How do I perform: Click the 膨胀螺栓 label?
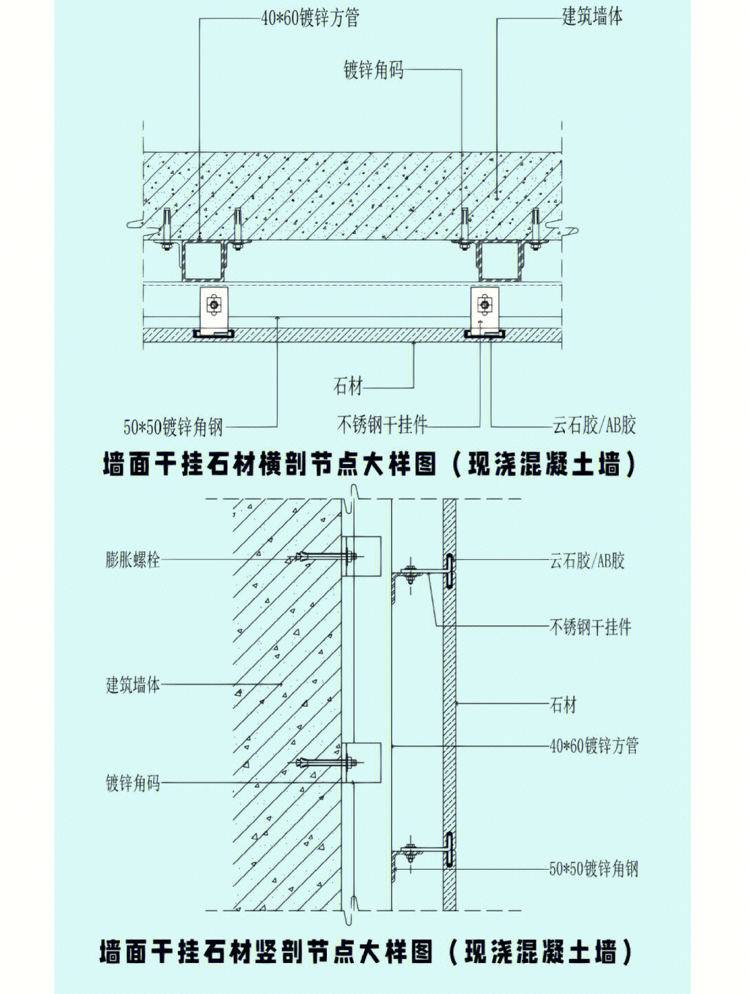pyautogui.click(x=132, y=559)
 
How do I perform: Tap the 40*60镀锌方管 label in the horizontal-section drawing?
pyautogui.click(x=310, y=18)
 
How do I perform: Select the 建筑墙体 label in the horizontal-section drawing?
pyautogui.click(x=592, y=17)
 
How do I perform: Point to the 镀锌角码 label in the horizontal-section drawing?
pyautogui.click(x=373, y=70)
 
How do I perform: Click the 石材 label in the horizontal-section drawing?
pyautogui.click(x=348, y=387)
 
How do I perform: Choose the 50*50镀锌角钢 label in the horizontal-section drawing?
pyautogui.click(x=173, y=427)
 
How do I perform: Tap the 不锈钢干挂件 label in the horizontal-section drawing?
pyautogui.click(x=381, y=425)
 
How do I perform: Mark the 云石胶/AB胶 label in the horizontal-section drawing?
pyautogui.click(x=593, y=425)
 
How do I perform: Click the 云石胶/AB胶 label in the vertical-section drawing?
pyautogui.click(x=587, y=560)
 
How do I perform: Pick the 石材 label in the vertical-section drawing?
pyautogui.click(x=563, y=705)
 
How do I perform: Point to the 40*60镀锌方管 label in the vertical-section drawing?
pyautogui.click(x=593, y=745)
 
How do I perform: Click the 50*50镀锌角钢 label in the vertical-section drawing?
pyautogui.click(x=593, y=868)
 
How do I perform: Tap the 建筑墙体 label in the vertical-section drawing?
pyautogui.click(x=132, y=685)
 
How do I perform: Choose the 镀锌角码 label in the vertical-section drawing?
pyautogui.click(x=132, y=783)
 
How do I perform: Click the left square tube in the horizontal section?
pyautogui.click(x=205, y=262)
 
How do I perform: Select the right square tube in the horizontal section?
pyautogui.click(x=500, y=262)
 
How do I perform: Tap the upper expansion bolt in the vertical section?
pyautogui.click(x=324, y=556)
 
